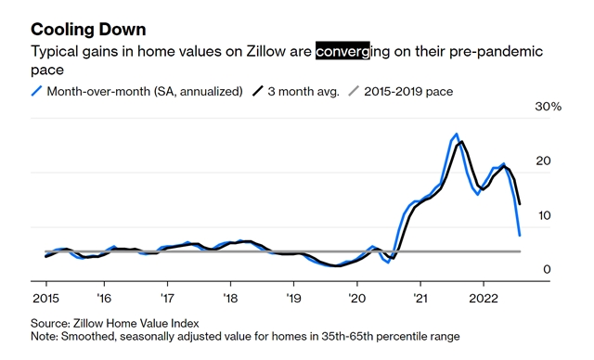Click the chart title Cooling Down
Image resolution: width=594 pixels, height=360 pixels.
[x=88, y=30]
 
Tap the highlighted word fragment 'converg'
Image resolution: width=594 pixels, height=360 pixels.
[x=342, y=51]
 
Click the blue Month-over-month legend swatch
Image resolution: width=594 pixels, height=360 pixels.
[x=36, y=91]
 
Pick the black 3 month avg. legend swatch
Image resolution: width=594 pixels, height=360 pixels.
[x=258, y=91]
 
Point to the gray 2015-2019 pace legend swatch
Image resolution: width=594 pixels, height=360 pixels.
[x=354, y=91]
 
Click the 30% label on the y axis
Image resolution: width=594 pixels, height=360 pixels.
[x=549, y=107]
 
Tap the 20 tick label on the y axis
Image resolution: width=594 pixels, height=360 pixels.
[x=543, y=161]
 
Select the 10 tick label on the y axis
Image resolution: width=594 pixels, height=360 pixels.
[x=544, y=215]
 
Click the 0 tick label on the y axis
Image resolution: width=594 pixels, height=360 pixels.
[x=547, y=269]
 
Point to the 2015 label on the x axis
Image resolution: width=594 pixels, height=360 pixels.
[x=45, y=298]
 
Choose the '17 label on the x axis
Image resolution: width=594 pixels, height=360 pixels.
[x=167, y=298]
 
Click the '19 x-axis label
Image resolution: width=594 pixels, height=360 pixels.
[x=293, y=298]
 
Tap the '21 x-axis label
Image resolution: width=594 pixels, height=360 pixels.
[x=420, y=298]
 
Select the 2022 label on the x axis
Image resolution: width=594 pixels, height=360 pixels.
[x=484, y=298]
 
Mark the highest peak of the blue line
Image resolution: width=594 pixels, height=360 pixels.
[x=457, y=134]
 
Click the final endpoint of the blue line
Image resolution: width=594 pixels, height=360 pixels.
[x=520, y=236]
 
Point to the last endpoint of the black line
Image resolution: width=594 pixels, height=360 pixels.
[x=520, y=204]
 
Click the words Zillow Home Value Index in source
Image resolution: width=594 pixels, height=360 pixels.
[x=136, y=324]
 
